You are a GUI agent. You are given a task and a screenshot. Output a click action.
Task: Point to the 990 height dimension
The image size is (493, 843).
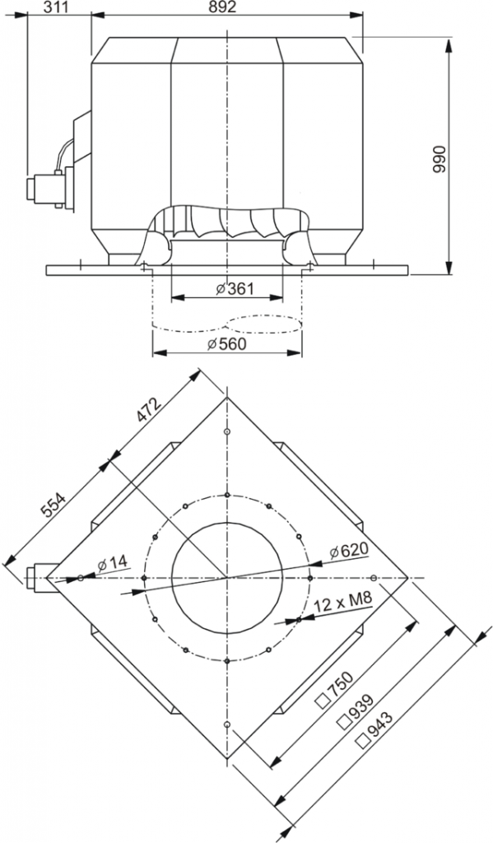coord(440,158)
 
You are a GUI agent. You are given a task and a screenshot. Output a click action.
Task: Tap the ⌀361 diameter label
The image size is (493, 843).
coord(235,289)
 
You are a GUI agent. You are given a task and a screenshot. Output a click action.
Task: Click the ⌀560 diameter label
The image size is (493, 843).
coord(227,343)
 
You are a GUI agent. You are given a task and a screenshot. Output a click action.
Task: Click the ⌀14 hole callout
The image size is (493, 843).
coord(112,563)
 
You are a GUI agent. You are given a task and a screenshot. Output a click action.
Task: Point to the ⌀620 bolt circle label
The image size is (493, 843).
coord(350,550)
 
